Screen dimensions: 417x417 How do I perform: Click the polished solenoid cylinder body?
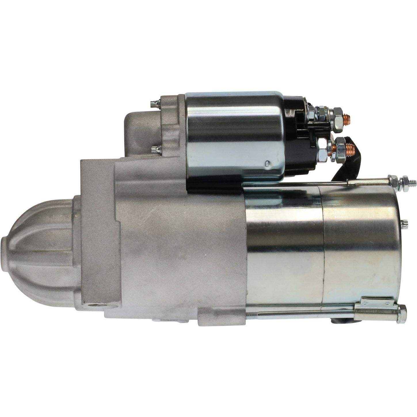point(233,135)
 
